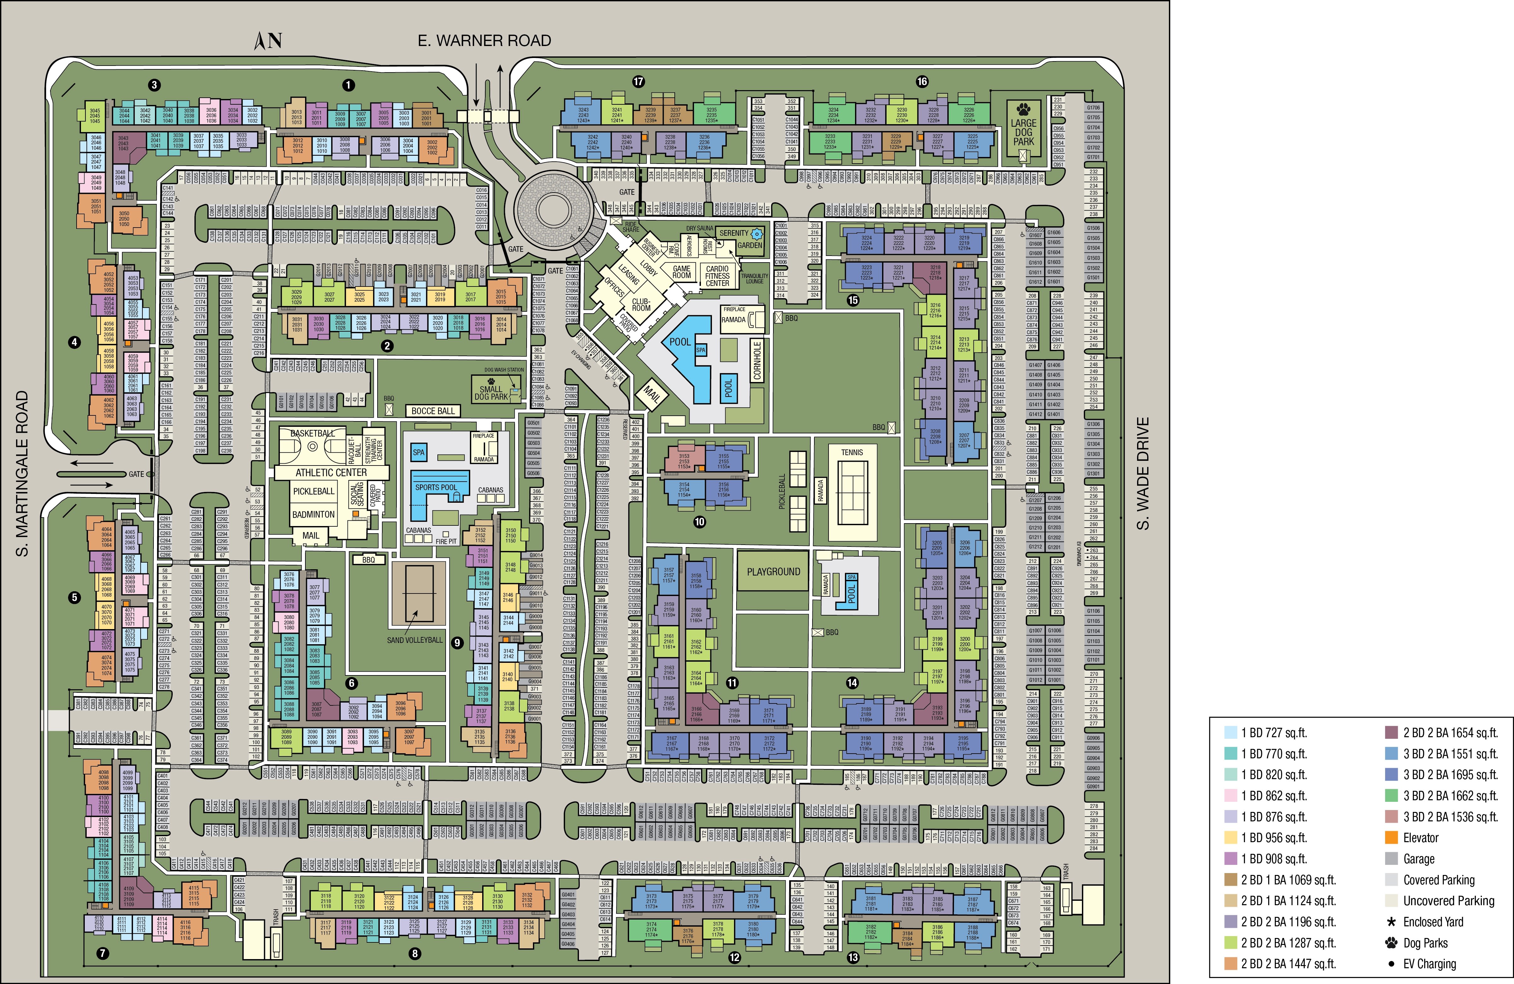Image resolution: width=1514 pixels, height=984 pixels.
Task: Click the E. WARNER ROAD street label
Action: point(484,41)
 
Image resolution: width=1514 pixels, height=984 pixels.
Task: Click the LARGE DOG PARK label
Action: point(1024,132)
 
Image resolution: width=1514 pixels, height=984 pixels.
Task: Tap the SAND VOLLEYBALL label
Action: point(414,640)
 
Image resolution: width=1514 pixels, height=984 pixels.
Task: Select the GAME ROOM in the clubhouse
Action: point(681,272)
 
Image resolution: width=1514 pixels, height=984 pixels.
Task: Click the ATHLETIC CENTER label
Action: point(331,472)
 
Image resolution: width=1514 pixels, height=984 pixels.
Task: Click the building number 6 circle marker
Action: point(351,684)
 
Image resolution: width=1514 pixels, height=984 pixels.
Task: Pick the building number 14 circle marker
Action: point(852,683)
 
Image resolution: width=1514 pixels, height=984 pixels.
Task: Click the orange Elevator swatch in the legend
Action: point(1391,838)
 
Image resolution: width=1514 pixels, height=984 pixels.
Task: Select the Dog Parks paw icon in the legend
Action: point(1391,943)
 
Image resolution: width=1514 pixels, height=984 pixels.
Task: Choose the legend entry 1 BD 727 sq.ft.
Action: point(1274,733)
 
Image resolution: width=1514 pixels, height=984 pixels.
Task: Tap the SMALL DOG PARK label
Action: point(491,392)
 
